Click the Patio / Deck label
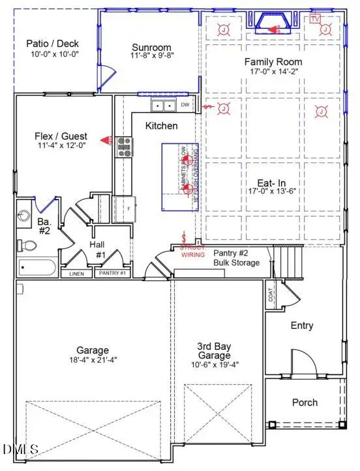click(x=47, y=44)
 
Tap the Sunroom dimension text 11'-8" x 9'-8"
click(x=151, y=57)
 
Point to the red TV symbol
click(x=316, y=18)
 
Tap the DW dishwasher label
click(x=185, y=105)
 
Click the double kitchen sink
click(x=162, y=106)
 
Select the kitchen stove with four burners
click(x=124, y=147)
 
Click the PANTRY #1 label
click(x=112, y=274)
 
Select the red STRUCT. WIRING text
click(x=194, y=252)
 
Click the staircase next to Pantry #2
click(x=289, y=261)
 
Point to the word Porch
click(x=304, y=403)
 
